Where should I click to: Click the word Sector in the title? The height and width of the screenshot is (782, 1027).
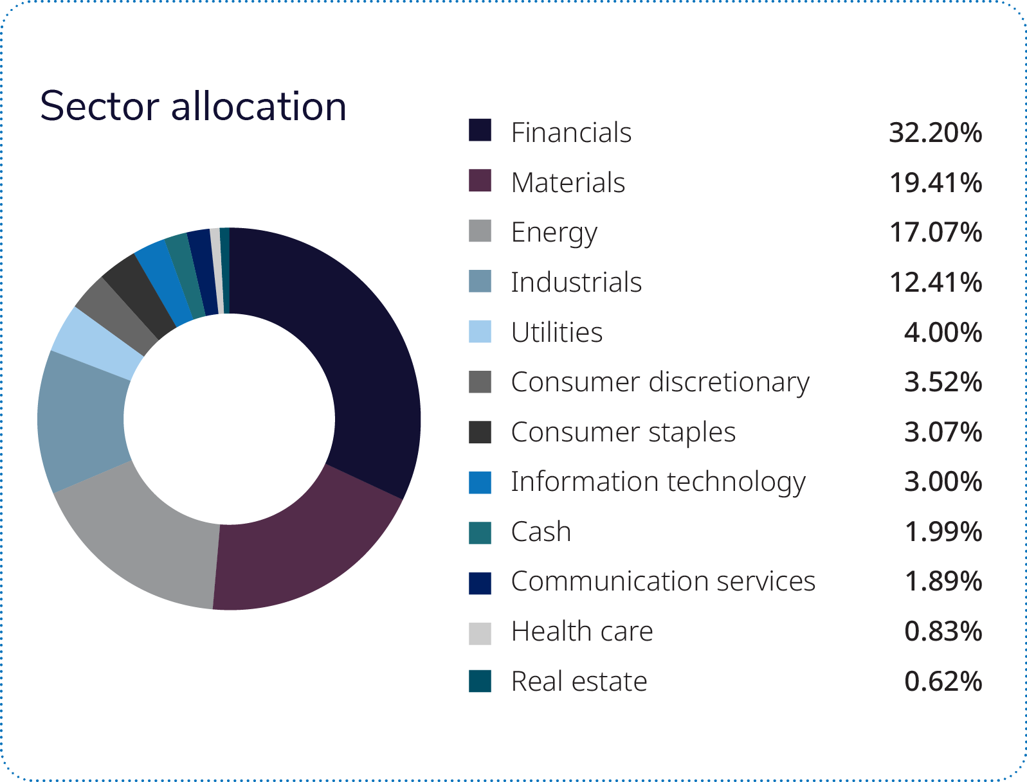tap(100, 106)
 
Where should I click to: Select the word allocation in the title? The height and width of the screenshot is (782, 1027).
tap(259, 106)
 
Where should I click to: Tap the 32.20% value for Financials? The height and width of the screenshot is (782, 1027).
tap(935, 133)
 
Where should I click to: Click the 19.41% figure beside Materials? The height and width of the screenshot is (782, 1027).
tap(935, 183)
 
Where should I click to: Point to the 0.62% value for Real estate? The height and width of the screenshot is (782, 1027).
tap(943, 682)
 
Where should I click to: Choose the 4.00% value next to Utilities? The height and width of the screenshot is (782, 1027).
tap(943, 333)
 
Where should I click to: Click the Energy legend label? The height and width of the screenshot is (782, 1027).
tap(554, 233)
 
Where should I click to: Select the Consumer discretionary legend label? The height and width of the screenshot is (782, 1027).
tap(660, 382)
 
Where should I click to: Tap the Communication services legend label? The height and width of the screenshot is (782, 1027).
tap(663, 582)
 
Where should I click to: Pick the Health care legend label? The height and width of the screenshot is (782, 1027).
tap(582, 632)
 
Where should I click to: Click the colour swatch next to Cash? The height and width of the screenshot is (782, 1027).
tap(480, 533)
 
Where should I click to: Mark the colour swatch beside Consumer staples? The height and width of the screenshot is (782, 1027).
tap(480, 432)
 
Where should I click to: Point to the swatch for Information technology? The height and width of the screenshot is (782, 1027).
tap(480, 483)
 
